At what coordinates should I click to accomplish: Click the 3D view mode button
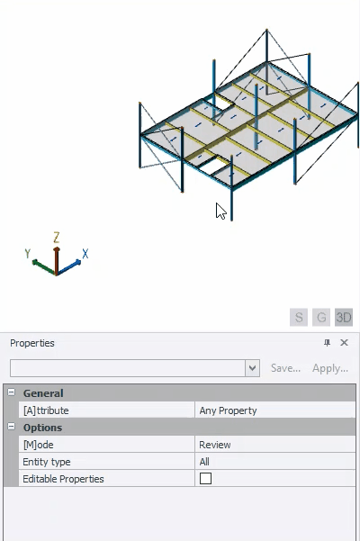344,317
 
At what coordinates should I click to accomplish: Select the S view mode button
299,317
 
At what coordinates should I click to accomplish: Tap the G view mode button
321,317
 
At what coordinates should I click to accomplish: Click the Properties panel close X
344,343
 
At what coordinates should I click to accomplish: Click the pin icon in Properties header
327,343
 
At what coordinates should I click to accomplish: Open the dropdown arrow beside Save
252,368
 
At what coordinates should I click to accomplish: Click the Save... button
285,368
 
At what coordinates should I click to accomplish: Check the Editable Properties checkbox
205,479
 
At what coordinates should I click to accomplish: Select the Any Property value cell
275,410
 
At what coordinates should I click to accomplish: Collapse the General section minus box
12,392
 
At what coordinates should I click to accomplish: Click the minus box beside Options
12,427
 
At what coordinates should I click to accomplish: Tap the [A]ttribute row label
46,410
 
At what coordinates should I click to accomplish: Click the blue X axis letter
85,254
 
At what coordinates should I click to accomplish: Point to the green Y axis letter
28,253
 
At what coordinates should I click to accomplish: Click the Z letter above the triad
57,238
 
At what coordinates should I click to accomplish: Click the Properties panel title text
32,343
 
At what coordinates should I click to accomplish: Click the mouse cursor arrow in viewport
220,211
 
